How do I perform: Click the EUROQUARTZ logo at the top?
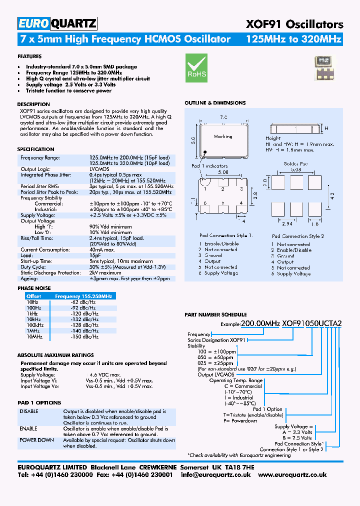pos(57,23)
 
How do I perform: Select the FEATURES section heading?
pos(29,56)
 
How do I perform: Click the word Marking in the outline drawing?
pos(223,136)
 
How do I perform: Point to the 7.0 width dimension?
pos(223,116)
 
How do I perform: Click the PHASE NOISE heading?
pos(33,288)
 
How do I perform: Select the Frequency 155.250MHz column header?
pos(83,296)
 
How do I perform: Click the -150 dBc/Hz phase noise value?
pos(84,337)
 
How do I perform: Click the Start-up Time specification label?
pos(36,261)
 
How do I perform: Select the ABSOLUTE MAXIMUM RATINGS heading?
pos(48,355)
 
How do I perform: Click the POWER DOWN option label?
pos(37,440)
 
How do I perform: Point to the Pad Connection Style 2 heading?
pos(298,236)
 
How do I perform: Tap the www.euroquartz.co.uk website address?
pos(293,474)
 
